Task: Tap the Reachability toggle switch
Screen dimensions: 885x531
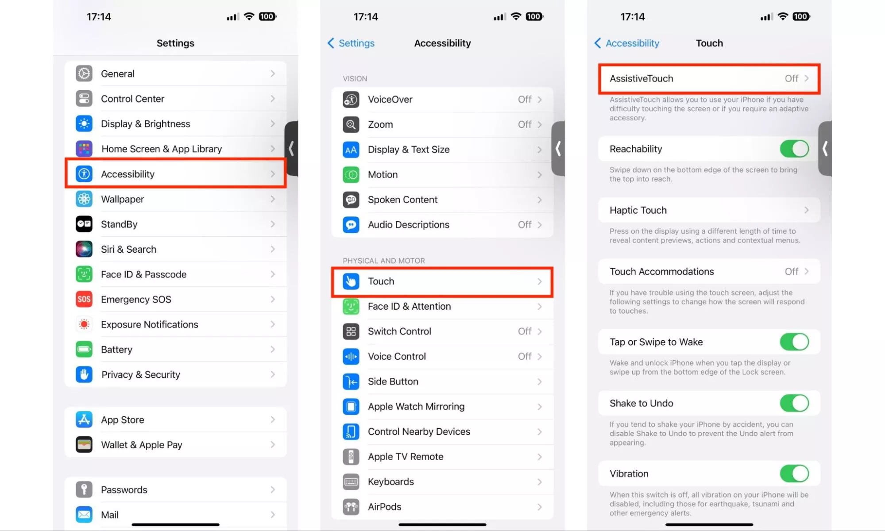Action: pyautogui.click(x=794, y=149)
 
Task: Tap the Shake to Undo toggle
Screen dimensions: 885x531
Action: pyautogui.click(x=794, y=403)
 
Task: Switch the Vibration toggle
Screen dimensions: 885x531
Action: pyautogui.click(x=794, y=473)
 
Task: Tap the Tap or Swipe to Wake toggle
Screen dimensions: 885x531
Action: pyautogui.click(x=794, y=342)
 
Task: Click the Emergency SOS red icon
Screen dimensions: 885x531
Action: pyautogui.click(x=84, y=299)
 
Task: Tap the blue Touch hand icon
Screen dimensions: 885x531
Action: pyautogui.click(x=351, y=281)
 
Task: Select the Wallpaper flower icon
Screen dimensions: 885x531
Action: pyautogui.click(x=84, y=199)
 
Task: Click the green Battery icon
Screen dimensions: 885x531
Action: pyautogui.click(x=84, y=349)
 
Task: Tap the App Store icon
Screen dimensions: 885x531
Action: pyautogui.click(x=84, y=419)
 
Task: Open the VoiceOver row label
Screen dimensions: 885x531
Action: pyautogui.click(x=390, y=100)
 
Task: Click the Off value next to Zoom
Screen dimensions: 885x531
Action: pyautogui.click(x=525, y=124)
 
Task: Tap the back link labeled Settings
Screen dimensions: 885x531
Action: pyautogui.click(x=351, y=43)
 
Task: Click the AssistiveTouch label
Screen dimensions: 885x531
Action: pyautogui.click(x=641, y=78)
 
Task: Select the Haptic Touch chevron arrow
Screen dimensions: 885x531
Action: pyautogui.click(x=806, y=210)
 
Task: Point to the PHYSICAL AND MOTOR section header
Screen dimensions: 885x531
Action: pyautogui.click(x=384, y=261)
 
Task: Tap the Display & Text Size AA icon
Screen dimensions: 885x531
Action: pyautogui.click(x=351, y=150)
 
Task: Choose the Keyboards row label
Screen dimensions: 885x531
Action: pyautogui.click(x=391, y=481)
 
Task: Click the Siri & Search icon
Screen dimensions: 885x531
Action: pyautogui.click(x=84, y=249)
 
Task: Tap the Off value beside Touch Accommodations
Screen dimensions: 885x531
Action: pyautogui.click(x=792, y=271)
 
